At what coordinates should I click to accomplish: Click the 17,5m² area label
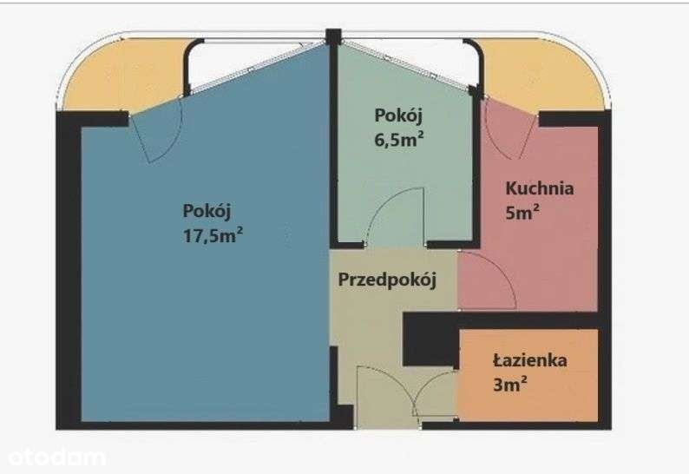click(x=213, y=234)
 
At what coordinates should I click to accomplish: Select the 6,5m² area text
click(x=399, y=140)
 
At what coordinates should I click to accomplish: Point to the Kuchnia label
click(x=540, y=188)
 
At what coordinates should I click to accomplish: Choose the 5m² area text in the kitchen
click(x=522, y=213)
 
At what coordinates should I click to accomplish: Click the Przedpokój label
click(x=387, y=280)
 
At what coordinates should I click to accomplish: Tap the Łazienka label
click(x=530, y=360)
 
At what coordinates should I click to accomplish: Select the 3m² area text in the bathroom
click(x=509, y=385)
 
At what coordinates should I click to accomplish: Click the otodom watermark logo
click(x=56, y=458)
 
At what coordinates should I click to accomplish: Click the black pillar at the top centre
click(x=333, y=36)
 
